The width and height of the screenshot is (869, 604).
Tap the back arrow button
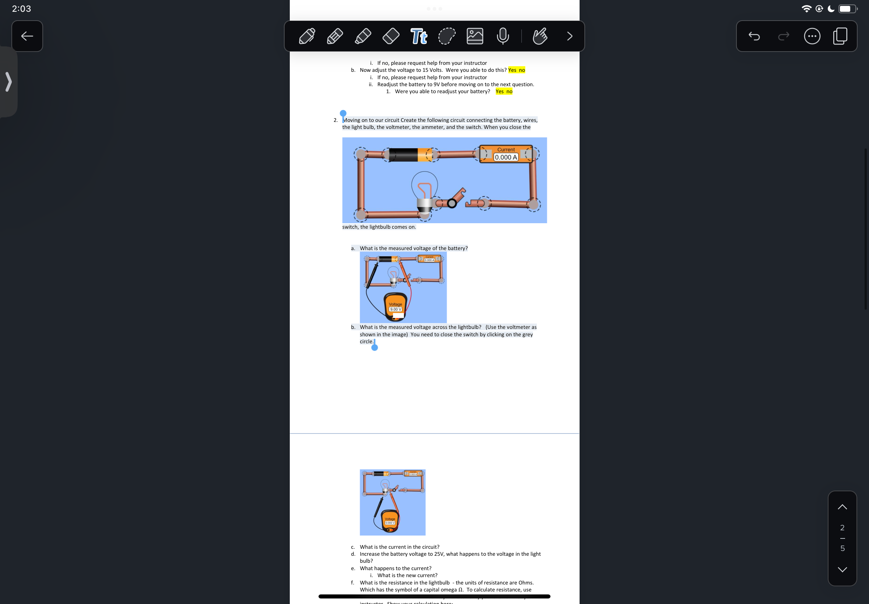(x=27, y=36)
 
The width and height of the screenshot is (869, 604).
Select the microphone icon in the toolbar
(x=502, y=36)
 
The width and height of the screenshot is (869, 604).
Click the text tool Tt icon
(x=419, y=36)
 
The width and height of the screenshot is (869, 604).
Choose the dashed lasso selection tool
(x=446, y=36)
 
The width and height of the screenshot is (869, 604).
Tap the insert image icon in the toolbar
(x=475, y=36)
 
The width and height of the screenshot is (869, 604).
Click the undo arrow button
(x=754, y=36)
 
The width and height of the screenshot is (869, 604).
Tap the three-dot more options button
(x=812, y=36)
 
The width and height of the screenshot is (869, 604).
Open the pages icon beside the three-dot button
(x=840, y=36)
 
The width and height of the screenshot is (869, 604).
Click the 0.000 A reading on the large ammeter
(x=506, y=157)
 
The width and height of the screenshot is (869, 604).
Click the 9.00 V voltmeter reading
(x=395, y=310)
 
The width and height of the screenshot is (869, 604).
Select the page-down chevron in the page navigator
(x=842, y=569)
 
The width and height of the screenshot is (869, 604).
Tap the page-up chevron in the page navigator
(x=842, y=507)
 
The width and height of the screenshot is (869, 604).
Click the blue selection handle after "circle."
(x=374, y=347)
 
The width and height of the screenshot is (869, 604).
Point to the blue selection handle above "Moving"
(x=343, y=113)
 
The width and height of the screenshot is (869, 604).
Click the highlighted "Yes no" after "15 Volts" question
(x=516, y=70)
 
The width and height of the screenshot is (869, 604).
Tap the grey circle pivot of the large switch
(x=452, y=204)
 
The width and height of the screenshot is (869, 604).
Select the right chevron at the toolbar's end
(x=569, y=36)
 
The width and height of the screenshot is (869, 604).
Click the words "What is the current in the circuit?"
(x=400, y=547)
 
